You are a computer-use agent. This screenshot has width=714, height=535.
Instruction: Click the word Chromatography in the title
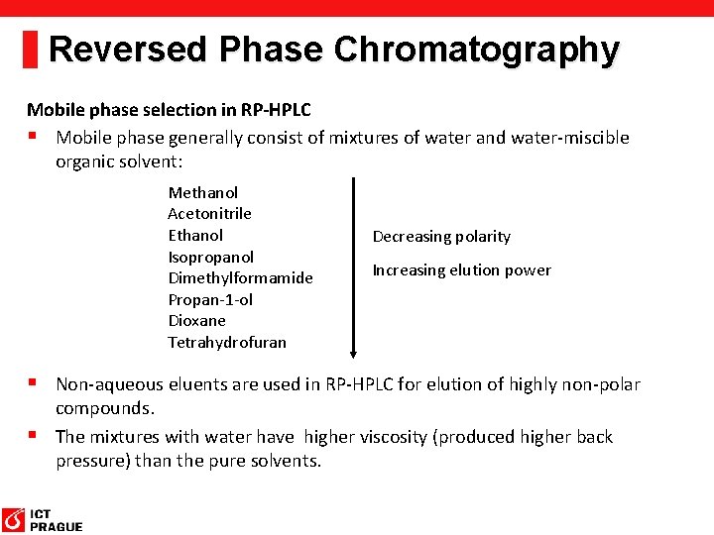pyautogui.click(x=477, y=49)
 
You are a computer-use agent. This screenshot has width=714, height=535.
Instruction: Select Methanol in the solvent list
pyautogui.click(x=202, y=192)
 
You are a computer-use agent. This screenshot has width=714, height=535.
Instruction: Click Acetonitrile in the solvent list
pyautogui.click(x=209, y=213)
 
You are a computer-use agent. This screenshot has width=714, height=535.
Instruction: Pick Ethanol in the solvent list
pyautogui.click(x=195, y=235)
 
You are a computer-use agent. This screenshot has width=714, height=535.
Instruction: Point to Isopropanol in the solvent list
pyautogui.click(x=210, y=257)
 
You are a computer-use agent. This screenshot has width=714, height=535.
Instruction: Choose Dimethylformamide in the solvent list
pyautogui.click(x=240, y=277)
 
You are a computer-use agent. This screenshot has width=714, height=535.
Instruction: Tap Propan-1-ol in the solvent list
pyautogui.click(x=210, y=299)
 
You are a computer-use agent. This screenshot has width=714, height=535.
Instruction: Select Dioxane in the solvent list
pyautogui.click(x=196, y=320)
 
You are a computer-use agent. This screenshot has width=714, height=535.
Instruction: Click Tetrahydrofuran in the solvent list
pyautogui.click(x=226, y=342)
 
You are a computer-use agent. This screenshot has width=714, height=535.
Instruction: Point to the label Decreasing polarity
pyautogui.click(x=441, y=236)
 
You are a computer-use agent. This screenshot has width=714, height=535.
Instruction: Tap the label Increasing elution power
pyautogui.click(x=461, y=269)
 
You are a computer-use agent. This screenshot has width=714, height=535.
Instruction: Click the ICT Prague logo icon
pyautogui.click(x=14, y=519)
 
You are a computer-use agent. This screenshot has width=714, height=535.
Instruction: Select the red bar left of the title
pyautogui.click(x=30, y=48)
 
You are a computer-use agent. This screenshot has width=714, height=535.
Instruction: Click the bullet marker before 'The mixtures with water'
pyautogui.click(x=33, y=435)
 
